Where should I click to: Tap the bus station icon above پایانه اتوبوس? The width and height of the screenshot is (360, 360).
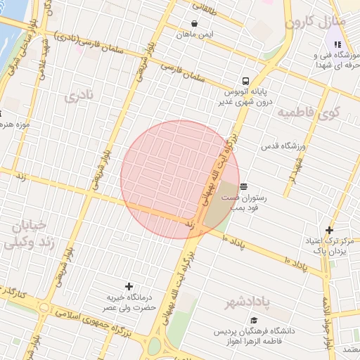coord(245,81)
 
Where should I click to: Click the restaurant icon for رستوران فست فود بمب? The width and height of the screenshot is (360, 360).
coord(243,186)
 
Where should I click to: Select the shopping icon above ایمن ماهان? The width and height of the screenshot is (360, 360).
coord(195,23)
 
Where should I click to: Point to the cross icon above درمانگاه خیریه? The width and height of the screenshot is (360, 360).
coord(129,286)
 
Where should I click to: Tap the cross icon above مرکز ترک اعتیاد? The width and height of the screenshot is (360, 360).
coord(329,230)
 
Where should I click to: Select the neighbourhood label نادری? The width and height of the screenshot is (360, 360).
coord(79,96)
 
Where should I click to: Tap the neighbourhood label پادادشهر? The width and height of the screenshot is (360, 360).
coord(247,302)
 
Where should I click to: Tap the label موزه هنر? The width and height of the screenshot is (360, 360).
coord(14,125)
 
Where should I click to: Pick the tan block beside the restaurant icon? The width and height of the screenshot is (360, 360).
coord(221,204)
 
